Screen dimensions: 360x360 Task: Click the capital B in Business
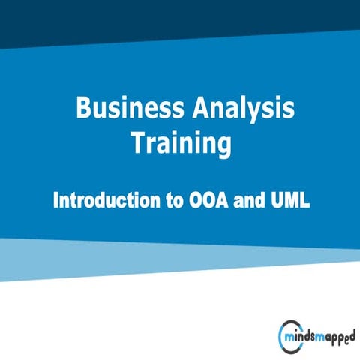click(83, 109)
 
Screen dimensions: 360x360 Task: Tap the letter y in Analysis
click(259, 112)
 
